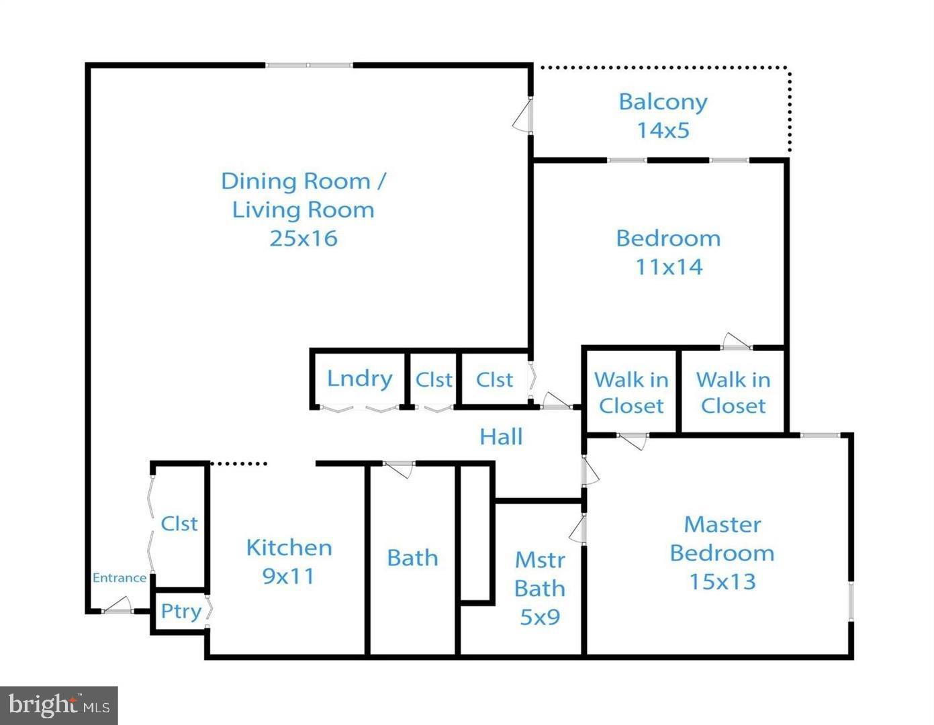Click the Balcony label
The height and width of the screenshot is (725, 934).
point(663,102)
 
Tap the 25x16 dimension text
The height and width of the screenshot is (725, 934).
point(303,238)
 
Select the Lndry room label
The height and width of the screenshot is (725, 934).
point(359,379)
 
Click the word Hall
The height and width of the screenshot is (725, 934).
point(501,437)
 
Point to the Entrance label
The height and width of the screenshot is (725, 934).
point(119,578)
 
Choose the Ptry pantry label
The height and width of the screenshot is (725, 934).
point(181,612)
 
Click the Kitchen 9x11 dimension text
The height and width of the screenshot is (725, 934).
point(288,576)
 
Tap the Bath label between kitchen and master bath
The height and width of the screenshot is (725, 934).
point(412,558)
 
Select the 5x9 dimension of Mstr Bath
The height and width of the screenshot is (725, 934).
point(540,617)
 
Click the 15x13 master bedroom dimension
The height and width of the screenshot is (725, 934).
point(722,581)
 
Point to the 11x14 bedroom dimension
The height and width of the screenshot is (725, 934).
point(669,267)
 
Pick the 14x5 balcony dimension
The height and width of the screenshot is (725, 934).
point(663,130)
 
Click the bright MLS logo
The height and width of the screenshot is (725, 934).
point(59,706)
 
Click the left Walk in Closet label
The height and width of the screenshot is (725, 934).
point(631,393)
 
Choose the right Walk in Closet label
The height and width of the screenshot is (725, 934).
point(733,393)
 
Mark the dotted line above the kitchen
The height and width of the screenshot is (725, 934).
point(239,463)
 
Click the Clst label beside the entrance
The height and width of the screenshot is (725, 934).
point(179,524)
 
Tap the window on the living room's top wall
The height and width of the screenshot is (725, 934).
point(309,65)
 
